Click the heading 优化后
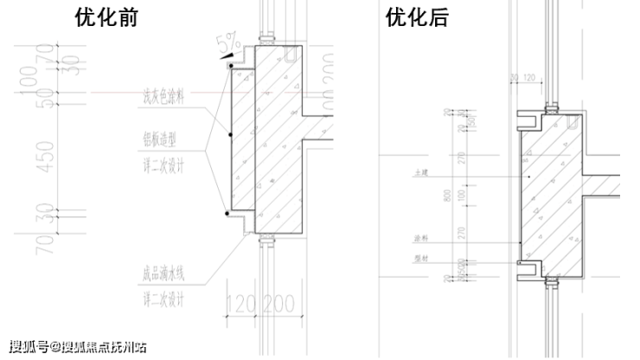pos(417,18)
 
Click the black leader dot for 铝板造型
pos(230,136)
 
